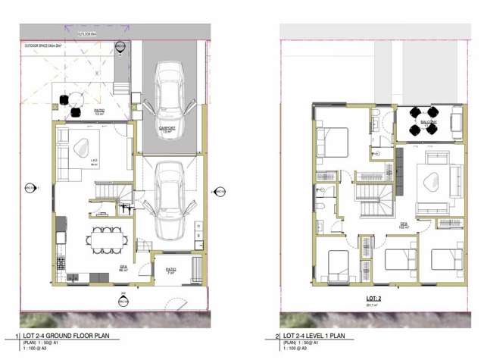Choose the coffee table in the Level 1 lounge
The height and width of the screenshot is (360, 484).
[x=431, y=180]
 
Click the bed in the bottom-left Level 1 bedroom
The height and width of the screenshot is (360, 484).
[x=334, y=266]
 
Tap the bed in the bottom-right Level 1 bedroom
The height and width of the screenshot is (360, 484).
[x=446, y=259]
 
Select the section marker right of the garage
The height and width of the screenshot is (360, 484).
[x=214, y=191]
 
